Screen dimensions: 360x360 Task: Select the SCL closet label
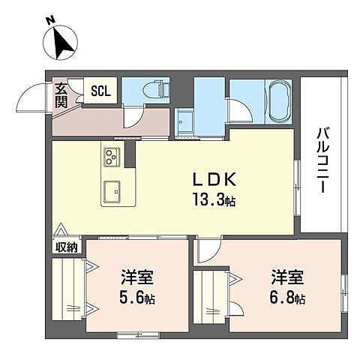click(100, 91)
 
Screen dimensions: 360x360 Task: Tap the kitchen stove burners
click(112, 157)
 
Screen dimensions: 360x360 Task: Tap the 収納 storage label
click(64, 247)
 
